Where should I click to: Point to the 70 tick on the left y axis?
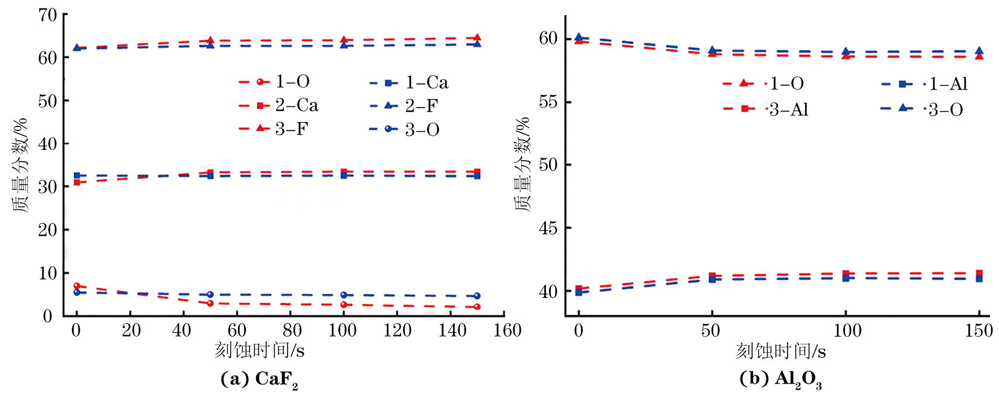click(48, 15)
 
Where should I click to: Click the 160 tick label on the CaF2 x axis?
click(507, 331)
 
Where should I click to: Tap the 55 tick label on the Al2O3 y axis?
click(548, 102)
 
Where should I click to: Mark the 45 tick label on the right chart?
click(548, 228)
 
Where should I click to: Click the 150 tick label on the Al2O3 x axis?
click(978, 331)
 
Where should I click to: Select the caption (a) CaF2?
click(260, 379)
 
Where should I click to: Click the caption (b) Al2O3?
click(780, 379)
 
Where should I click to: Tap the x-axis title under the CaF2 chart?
click(259, 350)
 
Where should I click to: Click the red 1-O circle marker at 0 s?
click(77, 286)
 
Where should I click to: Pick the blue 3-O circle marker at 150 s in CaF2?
click(477, 296)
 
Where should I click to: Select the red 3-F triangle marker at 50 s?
click(210, 40)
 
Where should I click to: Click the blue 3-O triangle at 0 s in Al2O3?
click(579, 37)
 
